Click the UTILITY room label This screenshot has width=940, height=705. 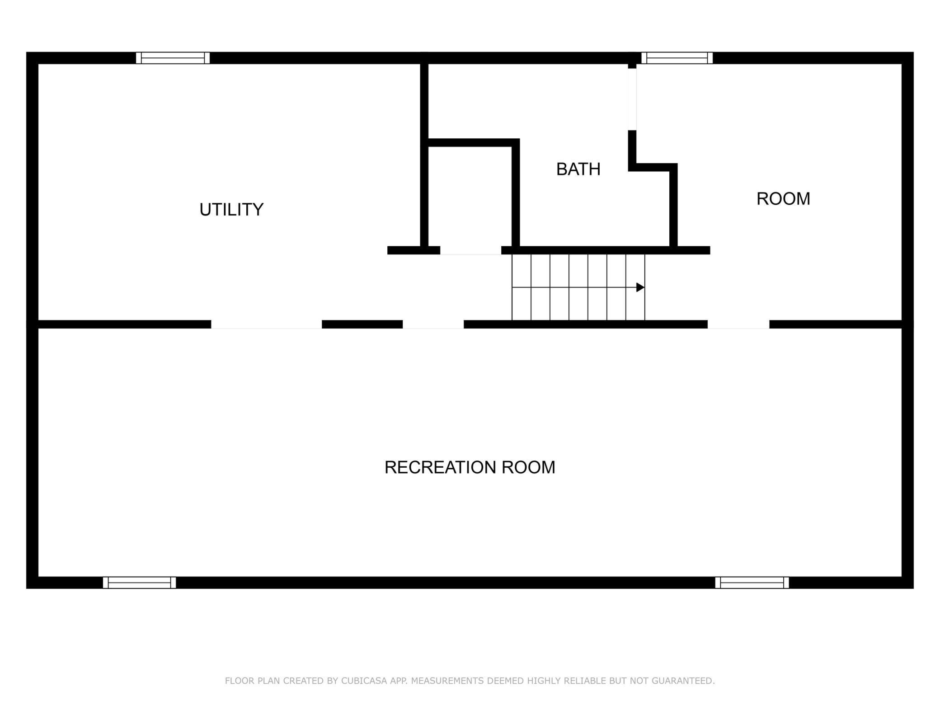coord(231,210)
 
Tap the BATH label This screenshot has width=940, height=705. coord(578,169)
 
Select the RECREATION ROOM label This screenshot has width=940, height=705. coord(470,467)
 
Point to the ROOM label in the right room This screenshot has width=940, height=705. coord(783,199)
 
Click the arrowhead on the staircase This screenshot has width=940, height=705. coord(640,287)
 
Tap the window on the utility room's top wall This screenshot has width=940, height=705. coord(173,58)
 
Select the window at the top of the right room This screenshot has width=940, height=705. coord(677,58)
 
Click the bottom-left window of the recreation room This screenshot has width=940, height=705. coord(139,583)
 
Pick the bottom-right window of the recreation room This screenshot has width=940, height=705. coord(752,583)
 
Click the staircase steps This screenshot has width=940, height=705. coord(578,287)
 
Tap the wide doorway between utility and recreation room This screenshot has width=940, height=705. coord(267,324)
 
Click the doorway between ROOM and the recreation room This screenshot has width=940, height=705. coord(738,324)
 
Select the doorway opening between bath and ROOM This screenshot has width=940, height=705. coord(632,99)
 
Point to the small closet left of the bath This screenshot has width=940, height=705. coord(470,197)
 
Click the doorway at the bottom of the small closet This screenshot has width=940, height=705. coord(470,250)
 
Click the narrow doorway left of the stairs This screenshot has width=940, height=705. coord(433,324)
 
